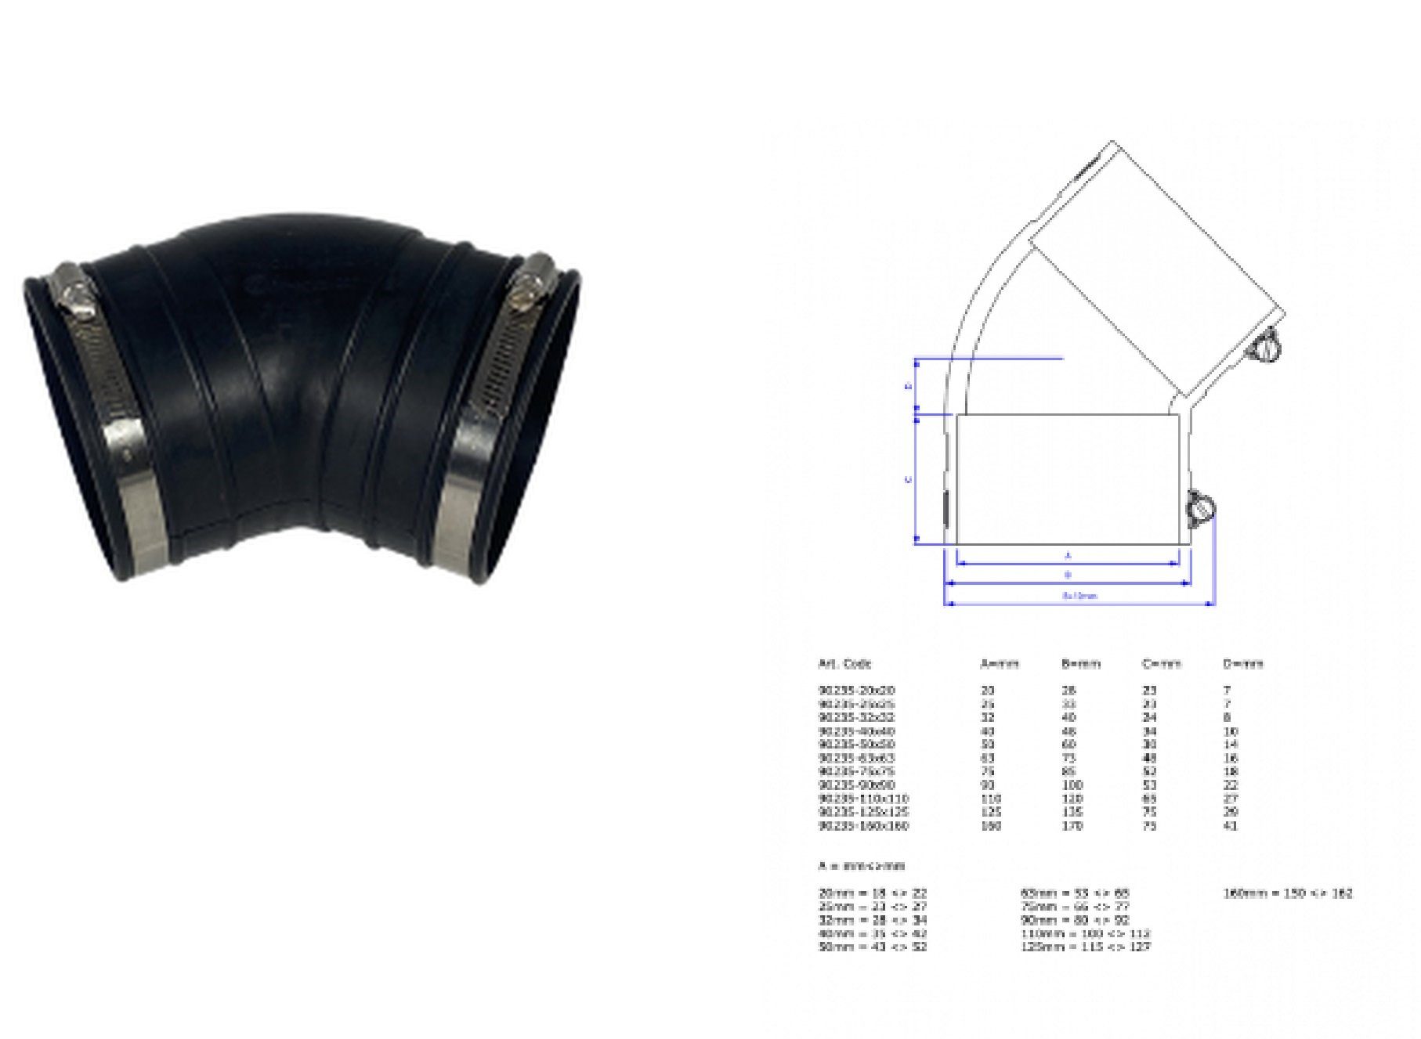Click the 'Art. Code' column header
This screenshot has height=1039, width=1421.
coord(844,664)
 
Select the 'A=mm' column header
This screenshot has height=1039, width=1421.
coord(1000,664)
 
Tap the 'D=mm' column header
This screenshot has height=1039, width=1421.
coord(1243,664)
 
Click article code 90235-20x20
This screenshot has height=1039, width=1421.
coord(856,691)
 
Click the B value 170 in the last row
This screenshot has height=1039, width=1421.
coord(1072,826)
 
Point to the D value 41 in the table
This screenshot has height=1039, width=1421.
coord(1230,826)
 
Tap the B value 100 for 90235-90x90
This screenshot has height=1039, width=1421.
coord(1072,785)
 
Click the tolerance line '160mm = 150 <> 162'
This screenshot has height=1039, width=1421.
coord(1288,893)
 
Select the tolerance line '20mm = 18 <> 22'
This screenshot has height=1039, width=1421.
coord(873,893)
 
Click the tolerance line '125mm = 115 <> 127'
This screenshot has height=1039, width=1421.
coord(1086,947)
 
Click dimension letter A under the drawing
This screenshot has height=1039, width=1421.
coord(1068,555)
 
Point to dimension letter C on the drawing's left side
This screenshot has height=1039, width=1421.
coord(909,479)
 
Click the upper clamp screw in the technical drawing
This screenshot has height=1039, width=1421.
coord(1264,347)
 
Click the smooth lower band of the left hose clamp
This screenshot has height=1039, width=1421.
coord(138,501)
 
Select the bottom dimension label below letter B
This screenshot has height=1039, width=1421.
coord(1079,596)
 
